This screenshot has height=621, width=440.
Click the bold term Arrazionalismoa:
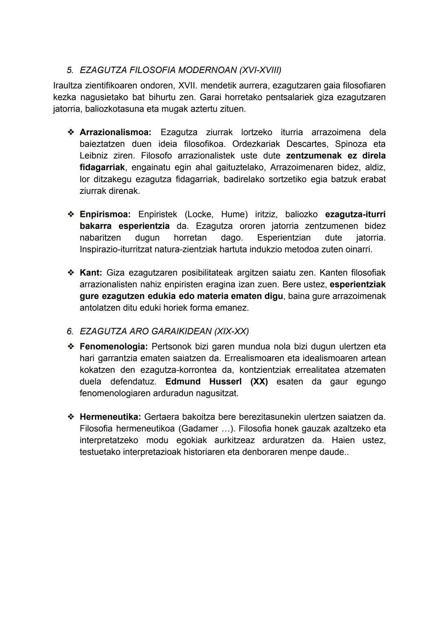(115, 132)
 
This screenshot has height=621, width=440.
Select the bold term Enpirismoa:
(105, 214)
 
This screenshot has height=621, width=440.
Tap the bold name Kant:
(90, 272)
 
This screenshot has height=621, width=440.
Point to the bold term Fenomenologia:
(114, 347)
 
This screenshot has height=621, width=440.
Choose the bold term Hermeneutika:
(110, 417)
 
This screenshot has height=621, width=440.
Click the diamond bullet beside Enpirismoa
(71, 214)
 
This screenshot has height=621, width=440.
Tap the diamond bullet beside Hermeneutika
(71, 417)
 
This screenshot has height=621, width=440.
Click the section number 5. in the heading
(70, 70)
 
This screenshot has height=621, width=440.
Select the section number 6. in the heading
(70, 331)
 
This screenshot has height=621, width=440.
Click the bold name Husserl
(225, 382)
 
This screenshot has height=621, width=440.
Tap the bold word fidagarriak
(102, 167)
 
